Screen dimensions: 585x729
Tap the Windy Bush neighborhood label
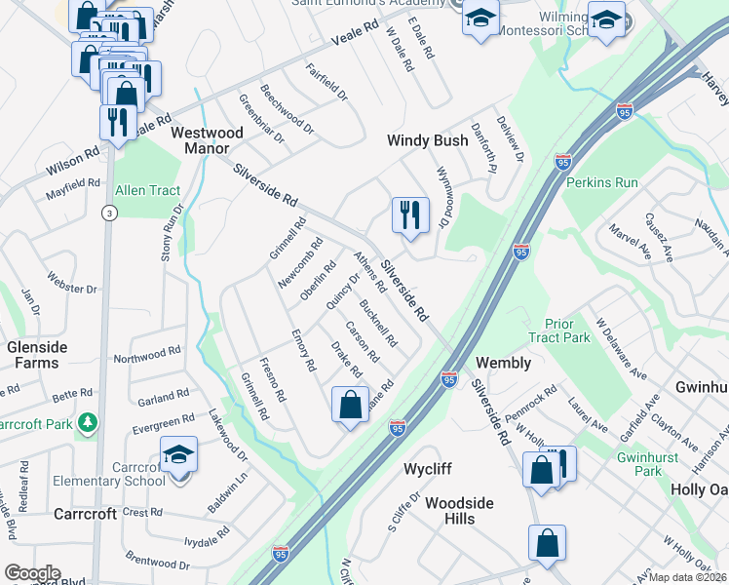[x=427, y=140]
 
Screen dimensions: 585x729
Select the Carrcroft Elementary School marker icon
[x=178, y=455]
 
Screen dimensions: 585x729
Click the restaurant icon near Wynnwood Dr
[x=410, y=214]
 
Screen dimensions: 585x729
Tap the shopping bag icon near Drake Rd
[x=350, y=405]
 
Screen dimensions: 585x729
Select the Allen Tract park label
[x=148, y=190]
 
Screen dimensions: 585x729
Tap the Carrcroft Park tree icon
[x=89, y=422]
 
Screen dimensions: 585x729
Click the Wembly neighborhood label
[x=503, y=363]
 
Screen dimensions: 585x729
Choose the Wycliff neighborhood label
[x=428, y=469]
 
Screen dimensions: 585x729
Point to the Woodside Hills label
[x=459, y=511]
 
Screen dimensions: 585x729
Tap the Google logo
[x=32, y=573]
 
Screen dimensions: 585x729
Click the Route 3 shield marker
[x=109, y=212]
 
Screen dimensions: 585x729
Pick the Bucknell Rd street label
[x=377, y=324]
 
